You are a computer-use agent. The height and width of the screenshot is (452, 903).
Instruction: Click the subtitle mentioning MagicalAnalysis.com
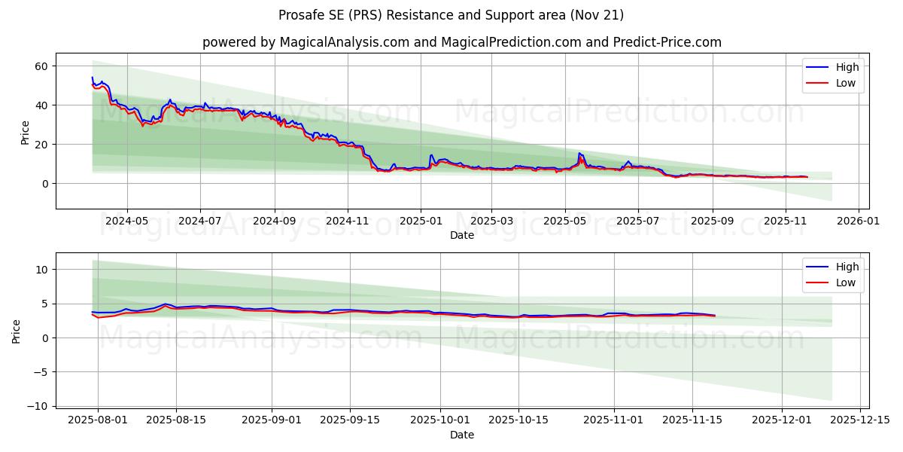click(461, 42)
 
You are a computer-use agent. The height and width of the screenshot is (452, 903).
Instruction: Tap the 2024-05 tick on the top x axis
click(126, 221)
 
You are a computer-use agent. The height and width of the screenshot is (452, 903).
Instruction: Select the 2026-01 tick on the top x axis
click(859, 221)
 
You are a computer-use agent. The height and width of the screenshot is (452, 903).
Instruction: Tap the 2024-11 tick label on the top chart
click(348, 221)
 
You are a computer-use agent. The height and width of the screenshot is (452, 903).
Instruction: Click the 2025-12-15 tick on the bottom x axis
click(859, 420)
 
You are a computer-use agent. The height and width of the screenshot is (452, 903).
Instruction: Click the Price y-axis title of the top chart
click(25, 131)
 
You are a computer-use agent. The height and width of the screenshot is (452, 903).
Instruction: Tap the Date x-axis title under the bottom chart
click(461, 435)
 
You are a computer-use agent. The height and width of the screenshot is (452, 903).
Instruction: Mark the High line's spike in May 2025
click(579, 153)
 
